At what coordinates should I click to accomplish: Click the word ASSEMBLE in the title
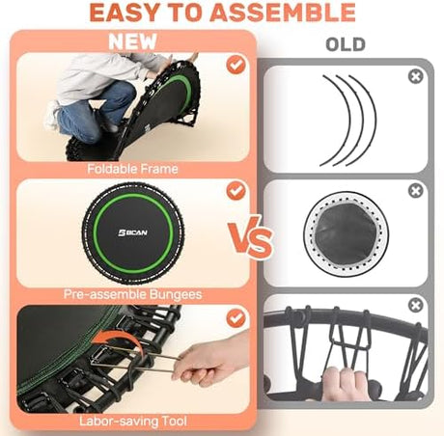(284, 13)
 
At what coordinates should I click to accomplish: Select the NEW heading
(132, 41)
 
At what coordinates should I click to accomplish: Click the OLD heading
(346, 44)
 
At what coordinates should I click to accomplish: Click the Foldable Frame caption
(132, 169)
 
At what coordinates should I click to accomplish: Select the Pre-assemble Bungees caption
(132, 294)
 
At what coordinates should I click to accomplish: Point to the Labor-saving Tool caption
(133, 421)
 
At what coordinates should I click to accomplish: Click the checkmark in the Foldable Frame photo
(236, 65)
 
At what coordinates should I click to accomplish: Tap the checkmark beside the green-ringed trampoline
(236, 191)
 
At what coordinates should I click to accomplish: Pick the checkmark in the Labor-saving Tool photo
(236, 318)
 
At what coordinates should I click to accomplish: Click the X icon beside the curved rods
(416, 77)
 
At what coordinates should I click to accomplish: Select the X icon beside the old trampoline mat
(416, 191)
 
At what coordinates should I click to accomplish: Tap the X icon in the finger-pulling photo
(416, 305)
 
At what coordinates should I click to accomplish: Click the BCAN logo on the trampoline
(132, 232)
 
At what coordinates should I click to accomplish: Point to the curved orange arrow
(119, 338)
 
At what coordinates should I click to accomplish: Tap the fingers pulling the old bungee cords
(345, 383)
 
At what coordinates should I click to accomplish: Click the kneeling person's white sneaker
(52, 116)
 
